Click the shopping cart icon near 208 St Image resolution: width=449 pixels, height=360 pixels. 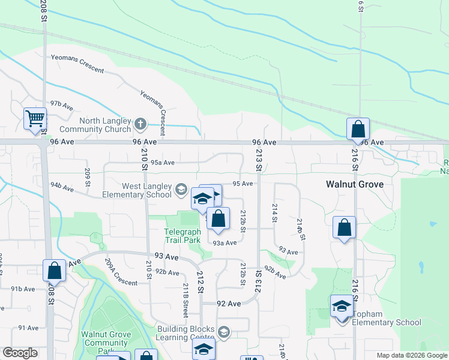coord(35,118)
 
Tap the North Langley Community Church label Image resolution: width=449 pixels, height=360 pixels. coord(96,125)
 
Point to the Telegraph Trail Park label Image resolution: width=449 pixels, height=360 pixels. coord(182,236)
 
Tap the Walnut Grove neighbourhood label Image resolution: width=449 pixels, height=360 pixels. coord(354,184)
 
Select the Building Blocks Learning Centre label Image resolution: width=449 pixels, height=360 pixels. coord(185,333)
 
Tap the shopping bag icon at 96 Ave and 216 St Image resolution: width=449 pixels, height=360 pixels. coord(358,128)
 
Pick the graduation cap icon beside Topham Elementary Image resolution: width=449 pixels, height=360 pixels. coord(342,306)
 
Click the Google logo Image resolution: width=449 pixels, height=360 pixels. coord(20,353)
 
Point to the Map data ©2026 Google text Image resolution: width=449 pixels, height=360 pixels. coord(411,355)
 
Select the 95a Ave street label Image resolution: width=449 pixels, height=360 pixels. coord(162,162)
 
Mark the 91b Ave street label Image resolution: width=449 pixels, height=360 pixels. coord(23,289)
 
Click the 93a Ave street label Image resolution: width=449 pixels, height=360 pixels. coord(226,242)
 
